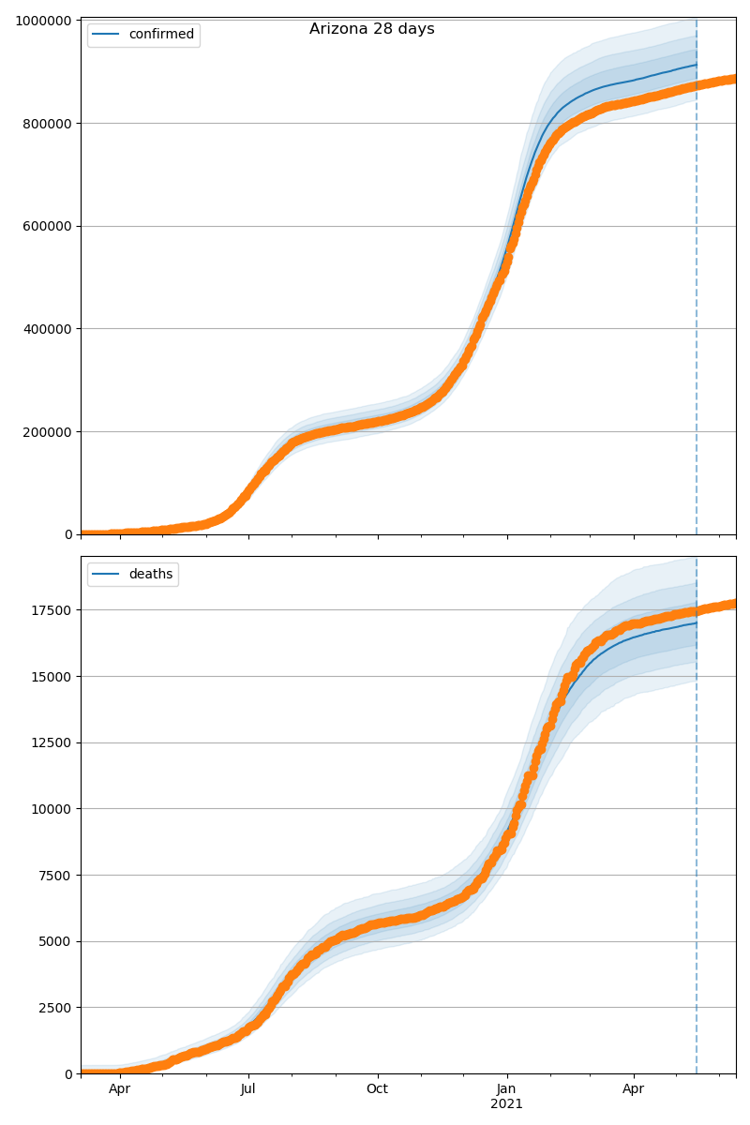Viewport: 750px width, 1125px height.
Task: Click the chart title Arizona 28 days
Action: [372, 29]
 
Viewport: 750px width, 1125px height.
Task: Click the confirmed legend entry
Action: [161, 35]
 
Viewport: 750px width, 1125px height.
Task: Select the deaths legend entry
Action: [150, 575]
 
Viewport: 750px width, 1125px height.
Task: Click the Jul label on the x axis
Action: [248, 1089]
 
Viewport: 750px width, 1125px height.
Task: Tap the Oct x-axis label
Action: [378, 1089]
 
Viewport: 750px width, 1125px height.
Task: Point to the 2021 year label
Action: [507, 1104]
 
